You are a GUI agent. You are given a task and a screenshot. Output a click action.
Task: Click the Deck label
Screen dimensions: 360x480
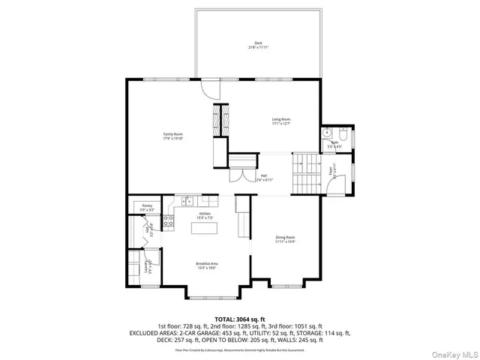pos(258,45)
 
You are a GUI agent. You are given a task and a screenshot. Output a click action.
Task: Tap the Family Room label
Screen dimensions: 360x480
pos(173,136)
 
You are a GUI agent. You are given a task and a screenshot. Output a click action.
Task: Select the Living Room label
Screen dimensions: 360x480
pos(280,121)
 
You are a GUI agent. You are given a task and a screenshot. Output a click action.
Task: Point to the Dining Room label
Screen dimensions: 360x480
pos(285,239)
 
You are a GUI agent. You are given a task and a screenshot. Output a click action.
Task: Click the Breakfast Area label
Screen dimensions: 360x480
pos(206,265)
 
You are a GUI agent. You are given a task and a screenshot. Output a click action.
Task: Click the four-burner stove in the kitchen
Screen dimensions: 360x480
pos(169,220)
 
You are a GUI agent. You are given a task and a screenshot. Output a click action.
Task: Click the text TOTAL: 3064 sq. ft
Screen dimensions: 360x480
pos(239,319)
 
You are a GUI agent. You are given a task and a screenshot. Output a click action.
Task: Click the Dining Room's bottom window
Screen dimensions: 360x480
pos(285,286)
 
